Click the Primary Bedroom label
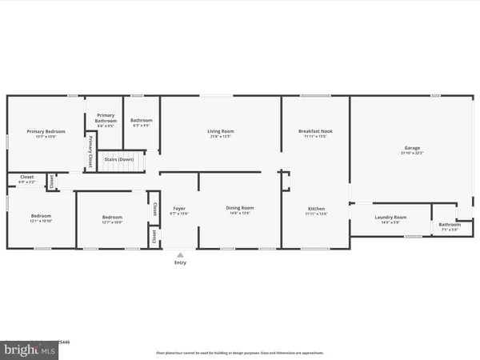point(46,131)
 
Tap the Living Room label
point(220,131)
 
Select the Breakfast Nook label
point(315,131)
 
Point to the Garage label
point(412,148)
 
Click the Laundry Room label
point(390,217)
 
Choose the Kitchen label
point(316,210)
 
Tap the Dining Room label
point(240,208)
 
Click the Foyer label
point(180,209)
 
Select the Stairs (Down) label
point(119,159)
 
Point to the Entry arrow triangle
point(180,255)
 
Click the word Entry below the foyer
point(180,262)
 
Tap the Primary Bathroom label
point(106,117)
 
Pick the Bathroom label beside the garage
point(450,224)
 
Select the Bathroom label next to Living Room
point(142,120)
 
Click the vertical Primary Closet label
point(91,150)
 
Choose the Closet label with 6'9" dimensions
point(26,177)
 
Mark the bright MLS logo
point(30,350)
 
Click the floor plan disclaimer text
point(240,353)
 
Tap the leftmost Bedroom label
point(41,216)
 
